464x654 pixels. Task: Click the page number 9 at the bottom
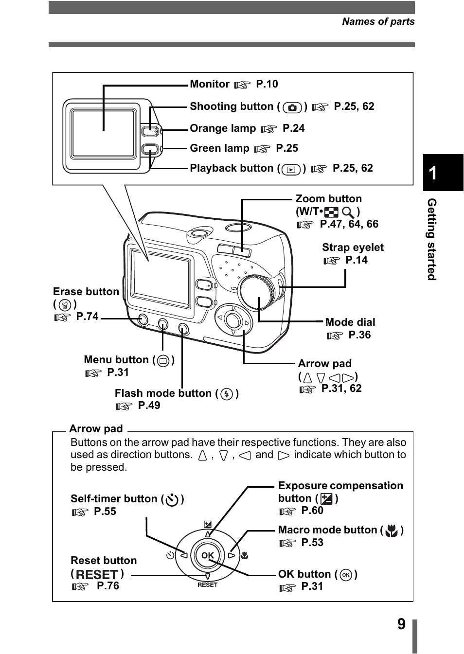[401, 624]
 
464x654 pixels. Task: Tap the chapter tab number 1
[433, 173]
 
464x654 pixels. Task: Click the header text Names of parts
[378, 21]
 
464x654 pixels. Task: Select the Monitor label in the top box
[209, 84]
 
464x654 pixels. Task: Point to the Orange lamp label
[222, 128]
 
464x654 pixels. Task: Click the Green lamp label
[219, 148]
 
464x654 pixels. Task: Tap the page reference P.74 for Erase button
[87, 317]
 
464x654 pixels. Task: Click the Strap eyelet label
[353, 247]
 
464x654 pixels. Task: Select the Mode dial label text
[350, 322]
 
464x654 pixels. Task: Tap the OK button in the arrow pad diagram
[208, 555]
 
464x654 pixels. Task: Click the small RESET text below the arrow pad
[207, 585]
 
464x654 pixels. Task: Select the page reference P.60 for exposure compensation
[312, 511]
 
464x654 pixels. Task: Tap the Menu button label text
[116, 360]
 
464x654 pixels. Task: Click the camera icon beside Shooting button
[292, 107]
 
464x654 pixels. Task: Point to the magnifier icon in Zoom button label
[348, 212]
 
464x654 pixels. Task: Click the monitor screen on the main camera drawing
[161, 277]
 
